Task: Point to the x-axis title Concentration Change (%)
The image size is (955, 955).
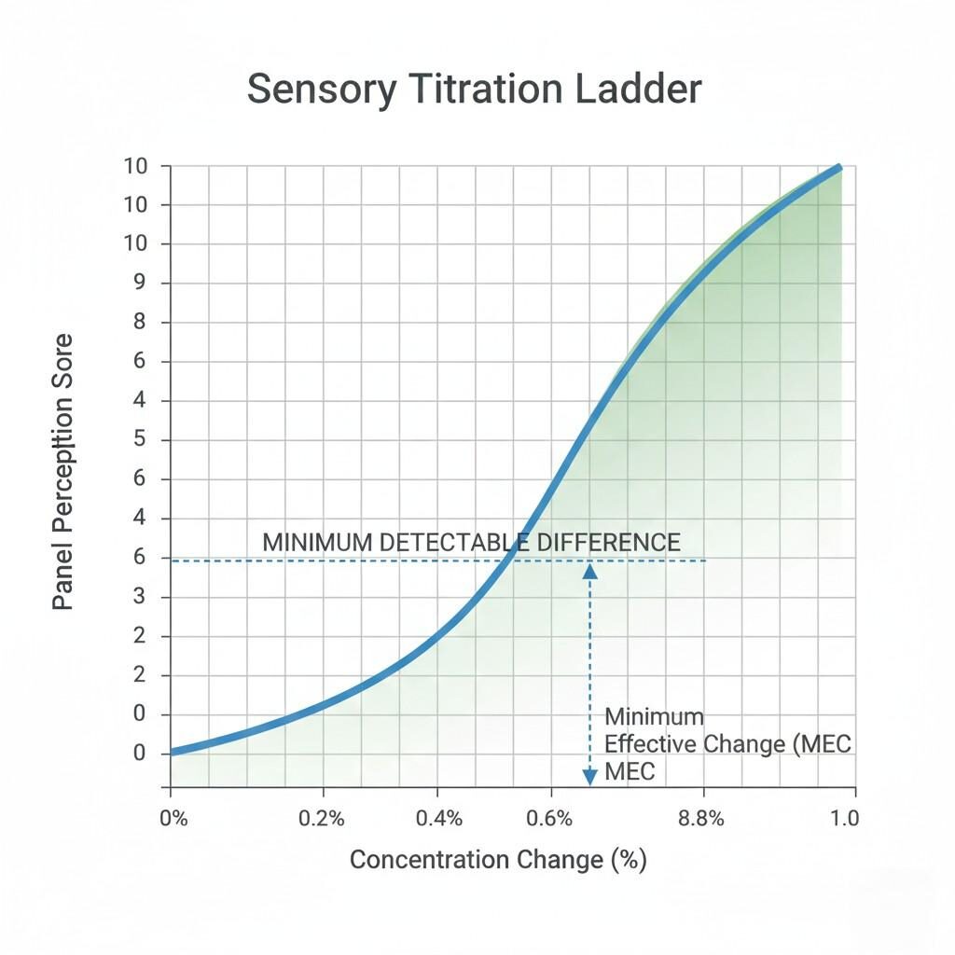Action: click(498, 859)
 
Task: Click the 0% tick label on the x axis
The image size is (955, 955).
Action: click(173, 819)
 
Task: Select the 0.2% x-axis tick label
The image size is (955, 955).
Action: click(323, 819)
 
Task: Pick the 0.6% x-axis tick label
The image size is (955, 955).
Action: click(549, 819)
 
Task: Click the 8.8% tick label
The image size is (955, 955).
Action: click(701, 819)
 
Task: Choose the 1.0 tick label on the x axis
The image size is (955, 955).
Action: click(843, 819)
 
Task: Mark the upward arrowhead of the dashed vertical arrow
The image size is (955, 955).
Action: click(589, 571)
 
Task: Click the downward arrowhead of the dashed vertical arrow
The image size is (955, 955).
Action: click(589, 776)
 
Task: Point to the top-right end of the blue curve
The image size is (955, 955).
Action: click(837, 168)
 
